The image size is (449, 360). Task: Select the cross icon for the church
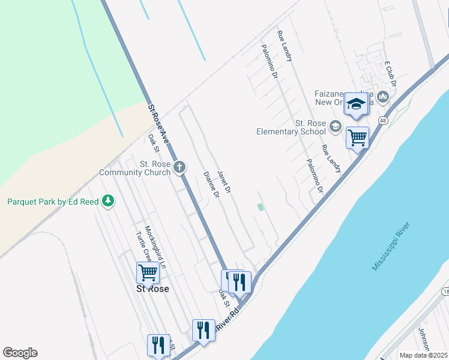pos(180,167)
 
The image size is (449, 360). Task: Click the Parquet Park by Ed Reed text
pos(52,202)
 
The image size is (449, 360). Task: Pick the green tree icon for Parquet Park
pos(108,201)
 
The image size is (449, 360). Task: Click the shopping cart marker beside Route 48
pos(358,137)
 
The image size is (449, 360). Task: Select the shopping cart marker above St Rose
pos(148,272)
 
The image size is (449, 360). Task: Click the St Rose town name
pos(152,289)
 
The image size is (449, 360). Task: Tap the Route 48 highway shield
pos(382,121)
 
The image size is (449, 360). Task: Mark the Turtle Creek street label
pos(142,247)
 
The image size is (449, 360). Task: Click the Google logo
pos(20,353)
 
